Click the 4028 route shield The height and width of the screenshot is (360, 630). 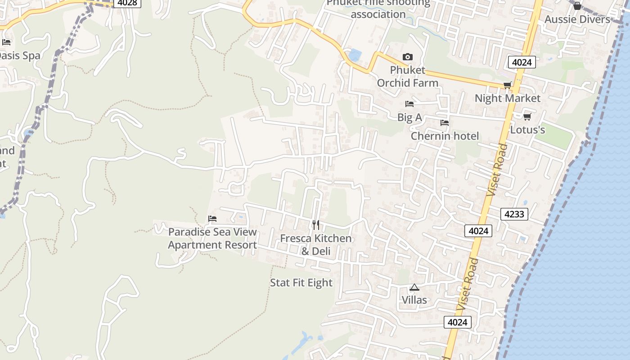pyautogui.click(x=127, y=3)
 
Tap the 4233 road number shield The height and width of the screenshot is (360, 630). pyautogui.click(x=514, y=214)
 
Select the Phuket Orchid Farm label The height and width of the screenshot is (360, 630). pyautogui.click(x=407, y=76)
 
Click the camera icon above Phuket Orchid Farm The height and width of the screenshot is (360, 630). pyautogui.click(x=407, y=57)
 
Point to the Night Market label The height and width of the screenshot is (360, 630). pyautogui.click(x=508, y=98)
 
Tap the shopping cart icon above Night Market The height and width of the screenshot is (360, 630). pyautogui.click(x=507, y=85)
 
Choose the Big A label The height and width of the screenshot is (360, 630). pyautogui.click(x=409, y=117)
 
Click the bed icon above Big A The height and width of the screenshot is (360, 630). pyautogui.click(x=409, y=104)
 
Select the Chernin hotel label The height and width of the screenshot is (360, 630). pyautogui.click(x=445, y=136)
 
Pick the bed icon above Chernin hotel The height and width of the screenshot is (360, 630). pyautogui.click(x=445, y=122)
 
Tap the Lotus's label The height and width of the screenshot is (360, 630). pyautogui.click(x=527, y=130)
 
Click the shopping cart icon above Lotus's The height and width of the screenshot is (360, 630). pyautogui.click(x=527, y=117)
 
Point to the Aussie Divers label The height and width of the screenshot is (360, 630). pyautogui.click(x=577, y=19)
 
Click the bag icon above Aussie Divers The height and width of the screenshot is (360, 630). pyautogui.click(x=577, y=6)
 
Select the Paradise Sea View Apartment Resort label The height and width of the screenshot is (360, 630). pyautogui.click(x=212, y=238)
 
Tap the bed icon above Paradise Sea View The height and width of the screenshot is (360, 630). pyautogui.click(x=212, y=219)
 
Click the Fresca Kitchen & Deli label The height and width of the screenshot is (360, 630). pyautogui.click(x=316, y=244)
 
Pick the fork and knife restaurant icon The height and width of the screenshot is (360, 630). pyautogui.click(x=316, y=225)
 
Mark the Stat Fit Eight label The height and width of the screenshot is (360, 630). pyautogui.click(x=301, y=283)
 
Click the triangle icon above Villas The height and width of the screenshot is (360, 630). pyautogui.click(x=414, y=287)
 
